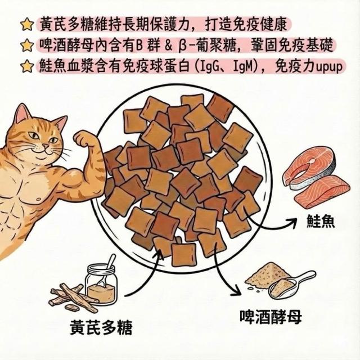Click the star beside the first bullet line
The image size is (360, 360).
pyautogui.click(x=27, y=25)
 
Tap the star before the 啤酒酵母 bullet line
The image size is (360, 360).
pyautogui.click(x=27, y=45)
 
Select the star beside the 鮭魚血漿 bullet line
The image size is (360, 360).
pyautogui.click(x=27, y=66)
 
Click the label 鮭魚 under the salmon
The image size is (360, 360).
pyautogui.click(x=321, y=221)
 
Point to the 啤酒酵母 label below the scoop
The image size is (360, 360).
pyautogui.click(x=271, y=316)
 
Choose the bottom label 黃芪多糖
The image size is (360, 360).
pyautogui.click(x=101, y=327)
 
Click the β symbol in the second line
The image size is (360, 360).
pyautogui.click(x=182, y=46)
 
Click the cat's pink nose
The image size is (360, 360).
pyautogui.click(x=46, y=146)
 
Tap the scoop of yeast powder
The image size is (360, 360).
pyautogui.click(x=291, y=286)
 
